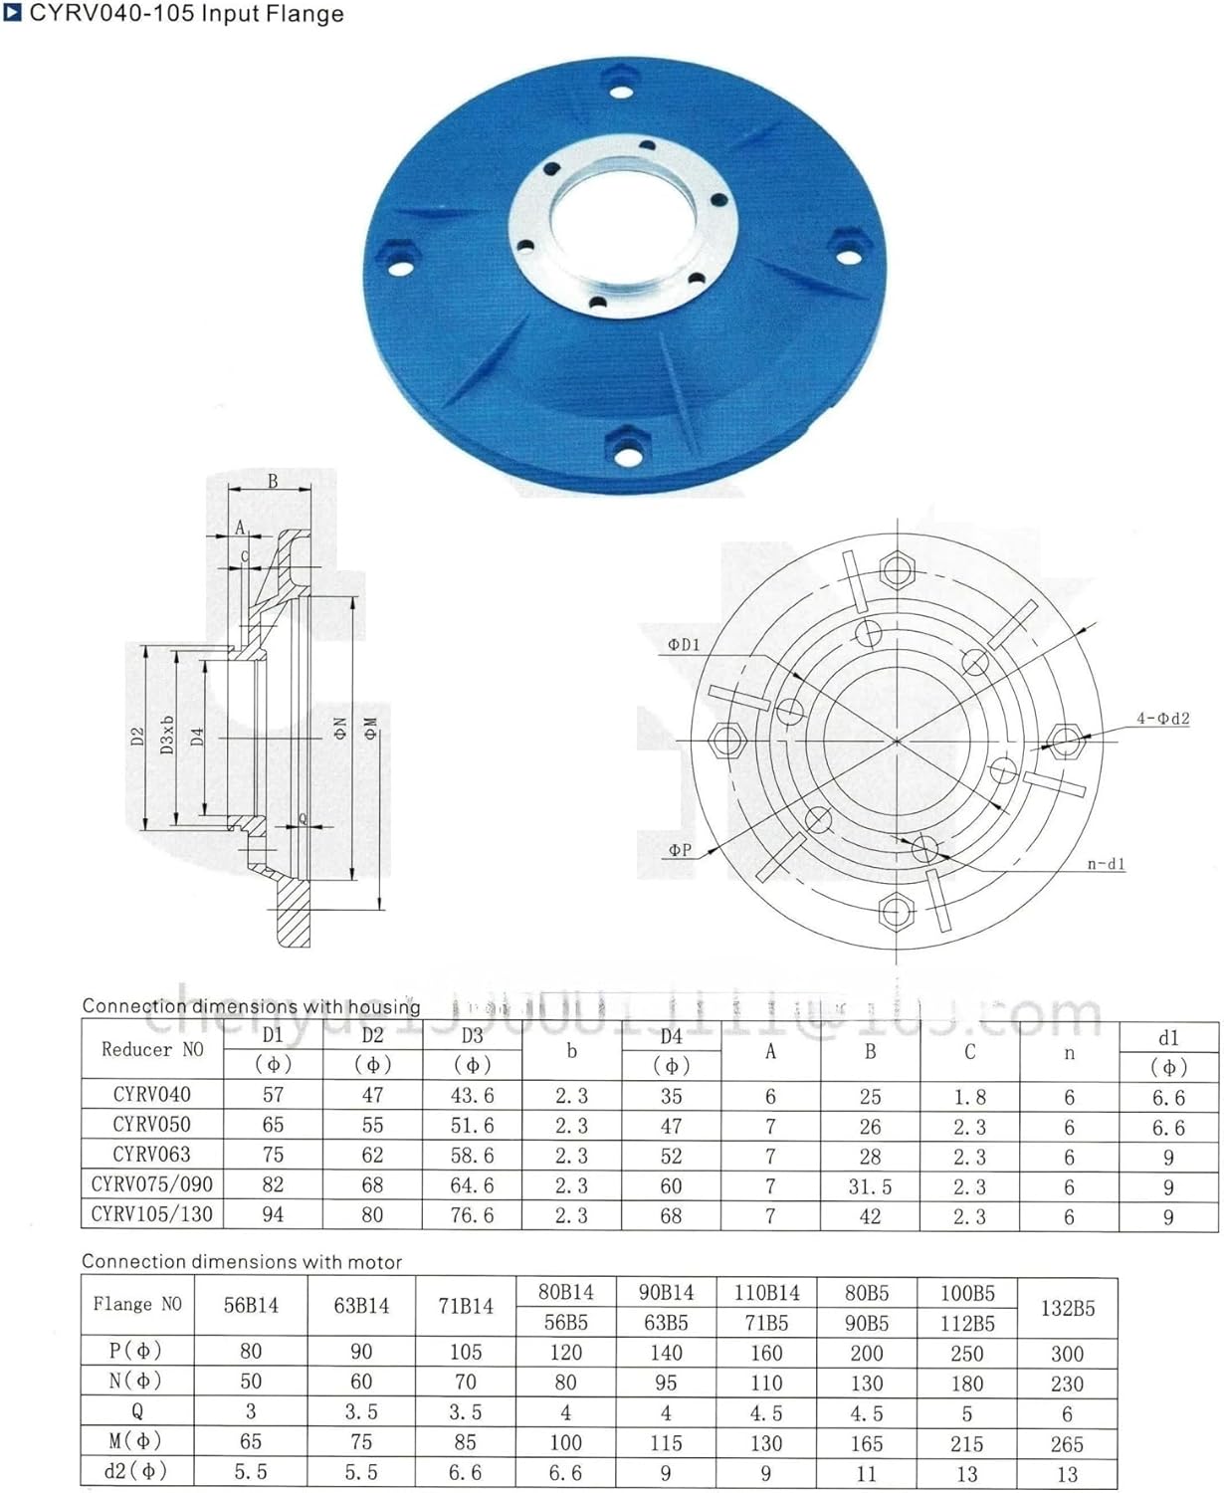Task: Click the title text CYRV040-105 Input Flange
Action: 186,14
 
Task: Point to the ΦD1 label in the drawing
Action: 684,645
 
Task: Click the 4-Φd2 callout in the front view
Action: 1162,719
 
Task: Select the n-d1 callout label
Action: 1106,864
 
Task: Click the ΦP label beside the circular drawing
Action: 680,850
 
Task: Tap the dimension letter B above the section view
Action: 273,482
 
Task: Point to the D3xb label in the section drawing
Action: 168,735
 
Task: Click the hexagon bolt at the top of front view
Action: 898,570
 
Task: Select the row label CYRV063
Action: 151,1155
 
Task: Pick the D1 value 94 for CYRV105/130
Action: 273,1215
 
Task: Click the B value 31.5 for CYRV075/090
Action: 870,1186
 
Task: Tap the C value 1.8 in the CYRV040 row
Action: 969,1097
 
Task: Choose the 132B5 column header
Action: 1067,1308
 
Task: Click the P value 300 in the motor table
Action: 1067,1354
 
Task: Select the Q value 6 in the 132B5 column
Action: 1067,1414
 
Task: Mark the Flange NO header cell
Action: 137,1305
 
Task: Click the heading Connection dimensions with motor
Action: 242,1262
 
